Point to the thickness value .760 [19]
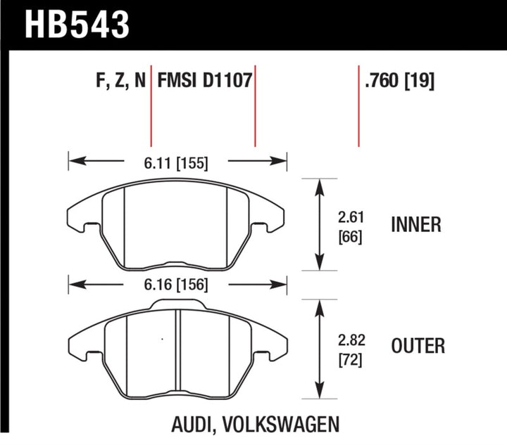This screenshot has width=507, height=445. tap(399, 82)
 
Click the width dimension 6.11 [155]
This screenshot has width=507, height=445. tap(177, 163)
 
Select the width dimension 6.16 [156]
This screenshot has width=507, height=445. tap(177, 285)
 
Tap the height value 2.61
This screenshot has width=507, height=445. tap(350, 217)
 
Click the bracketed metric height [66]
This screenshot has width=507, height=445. tap(350, 237)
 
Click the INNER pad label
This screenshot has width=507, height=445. tap(415, 225)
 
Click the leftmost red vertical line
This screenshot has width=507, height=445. tap(151, 105)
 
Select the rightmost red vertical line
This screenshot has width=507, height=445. tap(359, 105)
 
